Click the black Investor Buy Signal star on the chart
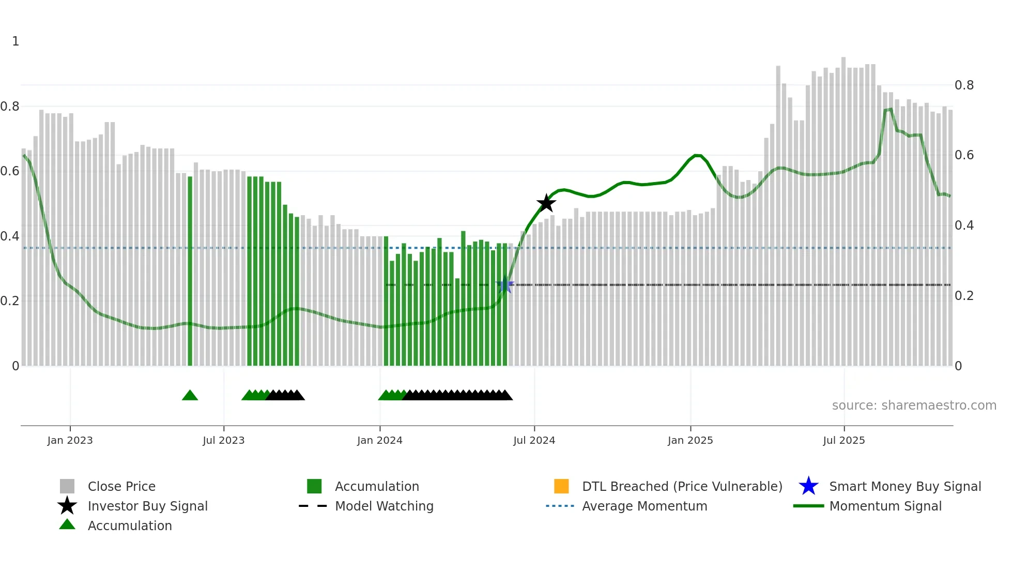[546, 203]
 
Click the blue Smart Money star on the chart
[505, 285]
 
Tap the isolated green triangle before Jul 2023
[190, 396]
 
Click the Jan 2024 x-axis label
[379, 440]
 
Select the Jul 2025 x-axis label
[843, 440]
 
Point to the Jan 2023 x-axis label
[70, 440]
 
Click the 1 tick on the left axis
[16, 41]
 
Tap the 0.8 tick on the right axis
[964, 85]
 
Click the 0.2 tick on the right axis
[964, 296]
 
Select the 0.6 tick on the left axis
[10, 171]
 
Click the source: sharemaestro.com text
[914, 406]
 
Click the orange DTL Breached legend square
[561, 486]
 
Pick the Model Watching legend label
[384, 506]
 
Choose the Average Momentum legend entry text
[644, 506]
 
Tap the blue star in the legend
[808, 486]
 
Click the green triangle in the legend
[67, 525]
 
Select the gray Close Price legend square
[67, 486]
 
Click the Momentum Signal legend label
[885, 506]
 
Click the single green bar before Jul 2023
[190, 272]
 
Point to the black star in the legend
[67, 506]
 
